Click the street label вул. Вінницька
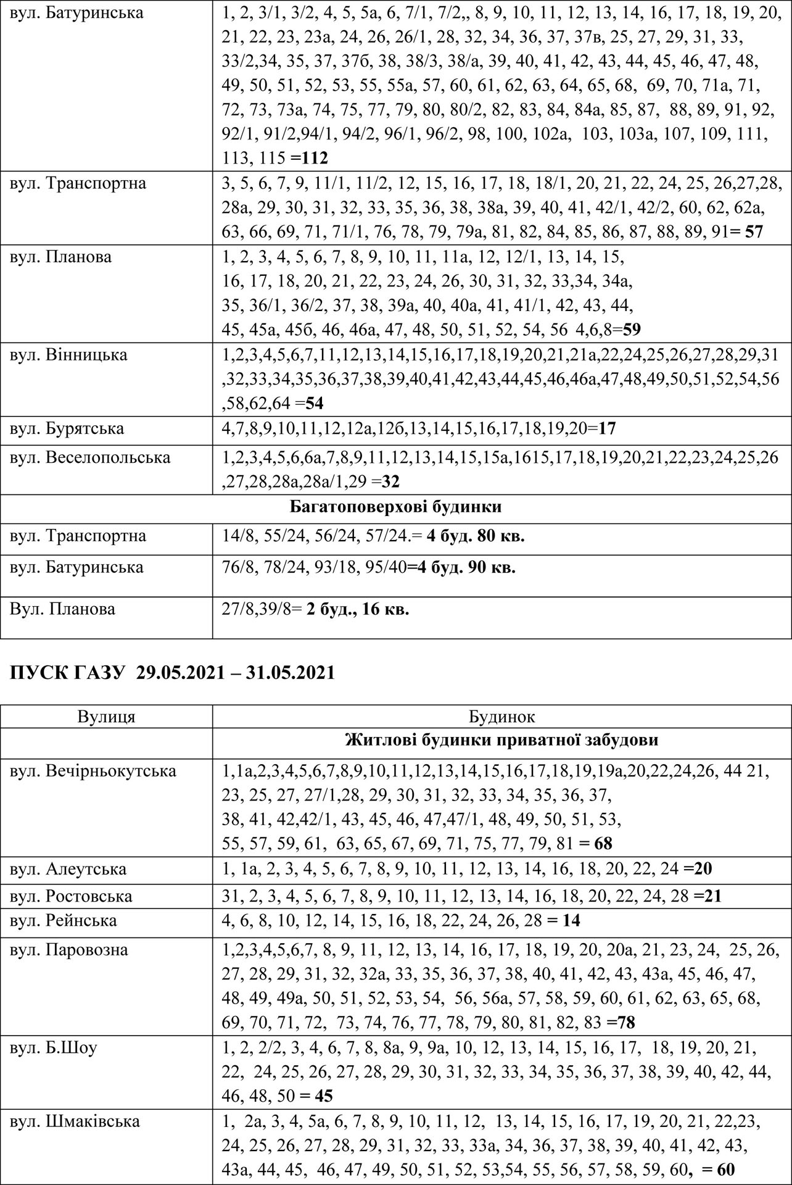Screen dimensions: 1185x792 pyautogui.click(x=68, y=355)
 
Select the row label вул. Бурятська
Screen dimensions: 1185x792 pyautogui.click(x=67, y=428)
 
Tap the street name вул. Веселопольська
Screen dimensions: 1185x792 pyautogui.click(x=89, y=457)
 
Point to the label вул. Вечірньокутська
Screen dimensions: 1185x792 pyautogui.click(x=93, y=771)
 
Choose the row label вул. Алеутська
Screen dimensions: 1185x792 pyautogui.click(x=68, y=869)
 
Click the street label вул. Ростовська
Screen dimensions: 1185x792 pyautogui.click(x=71, y=896)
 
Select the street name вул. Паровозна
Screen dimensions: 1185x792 pyautogui.click(x=68, y=949)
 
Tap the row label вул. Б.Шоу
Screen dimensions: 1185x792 pyautogui.click(x=53, y=1047)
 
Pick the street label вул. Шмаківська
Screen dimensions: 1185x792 pyautogui.click(x=75, y=1121)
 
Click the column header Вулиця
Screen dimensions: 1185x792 pyautogui.click(x=106, y=717)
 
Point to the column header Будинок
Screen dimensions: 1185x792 pyautogui.click(x=501, y=717)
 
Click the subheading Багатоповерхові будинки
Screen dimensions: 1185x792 pyautogui.click(x=395, y=507)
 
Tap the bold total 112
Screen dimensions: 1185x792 pyautogui.click(x=313, y=159)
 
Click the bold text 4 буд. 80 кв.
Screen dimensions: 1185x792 pyautogui.click(x=475, y=536)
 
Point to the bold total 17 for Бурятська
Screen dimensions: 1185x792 pyautogui.click(x=607, y=428)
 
